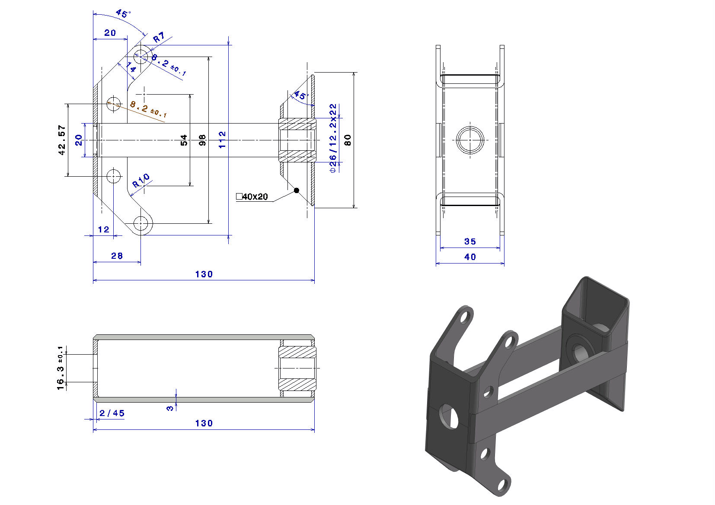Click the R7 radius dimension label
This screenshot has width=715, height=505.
pyautogui.click(x=159, y=37)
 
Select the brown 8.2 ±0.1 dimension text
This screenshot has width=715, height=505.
pyautogui.click(x=148, y=109)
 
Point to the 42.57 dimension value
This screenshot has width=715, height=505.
pyautogui.click(x=62, y=140)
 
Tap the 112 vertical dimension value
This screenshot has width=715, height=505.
pyautogui.click(x=222, y=140)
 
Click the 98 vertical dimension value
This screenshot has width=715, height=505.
pyautogui.click(x=202, y=140)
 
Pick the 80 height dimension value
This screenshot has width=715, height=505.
pyautogui.click(x=348, y=140)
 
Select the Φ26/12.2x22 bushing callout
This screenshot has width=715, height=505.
pyautogui.click(x=333, y=138)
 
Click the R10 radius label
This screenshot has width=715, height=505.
pyautogui.click(x=141, y=181)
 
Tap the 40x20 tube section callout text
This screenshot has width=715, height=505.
pyautogui.click(x=252, y=197)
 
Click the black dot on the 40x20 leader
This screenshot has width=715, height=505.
pyautogui.click(x=297, y=191)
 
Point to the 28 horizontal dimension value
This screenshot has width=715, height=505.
pyautogui.click(x=117, y=256)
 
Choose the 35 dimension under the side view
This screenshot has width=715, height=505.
pyautogui.click(x=470, y=241)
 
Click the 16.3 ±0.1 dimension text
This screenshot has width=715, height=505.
pyautogui.click(x=61, y=368)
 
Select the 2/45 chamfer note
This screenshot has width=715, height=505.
pyautogui.click(x=112, y=413)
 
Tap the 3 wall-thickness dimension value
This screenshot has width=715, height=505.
pyautogui.click(x=170, y=408)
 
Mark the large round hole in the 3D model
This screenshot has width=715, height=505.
pyautogui.click(x=450, y=416)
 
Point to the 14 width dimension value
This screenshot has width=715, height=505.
pyautogui.click(x=131, y=67)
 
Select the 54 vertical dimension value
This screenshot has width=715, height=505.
pyautogui.click(x=184, y=140)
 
